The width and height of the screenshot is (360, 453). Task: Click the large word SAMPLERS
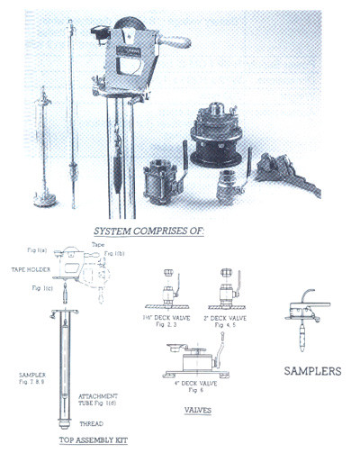click(311, 370)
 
